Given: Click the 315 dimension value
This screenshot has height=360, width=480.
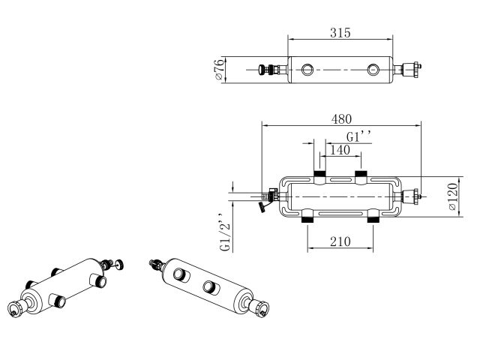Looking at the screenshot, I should pyautogui.click(x=340, y=33).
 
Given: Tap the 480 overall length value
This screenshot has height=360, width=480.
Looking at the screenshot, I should pyautogui.click(x=342, y=119).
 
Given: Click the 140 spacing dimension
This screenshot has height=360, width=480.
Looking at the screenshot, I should pyautogui.click(x=340, y=150).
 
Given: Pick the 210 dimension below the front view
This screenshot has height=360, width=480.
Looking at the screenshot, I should pyautogui.click(x=340, y=242).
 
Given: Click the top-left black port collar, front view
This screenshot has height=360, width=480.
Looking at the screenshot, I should pyautogui.click(x=319, y=177).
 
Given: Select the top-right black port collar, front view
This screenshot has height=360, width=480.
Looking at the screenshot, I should pyautogui.click(x=361, y=177).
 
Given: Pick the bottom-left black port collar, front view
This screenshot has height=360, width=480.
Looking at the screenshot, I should pyautogui.click(x=307, y=220).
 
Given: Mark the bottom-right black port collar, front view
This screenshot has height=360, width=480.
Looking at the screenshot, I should pyautogui.click(x=373, y=220).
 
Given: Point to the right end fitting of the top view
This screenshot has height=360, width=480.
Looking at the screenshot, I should pyautogui.click(x=410, y=71).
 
